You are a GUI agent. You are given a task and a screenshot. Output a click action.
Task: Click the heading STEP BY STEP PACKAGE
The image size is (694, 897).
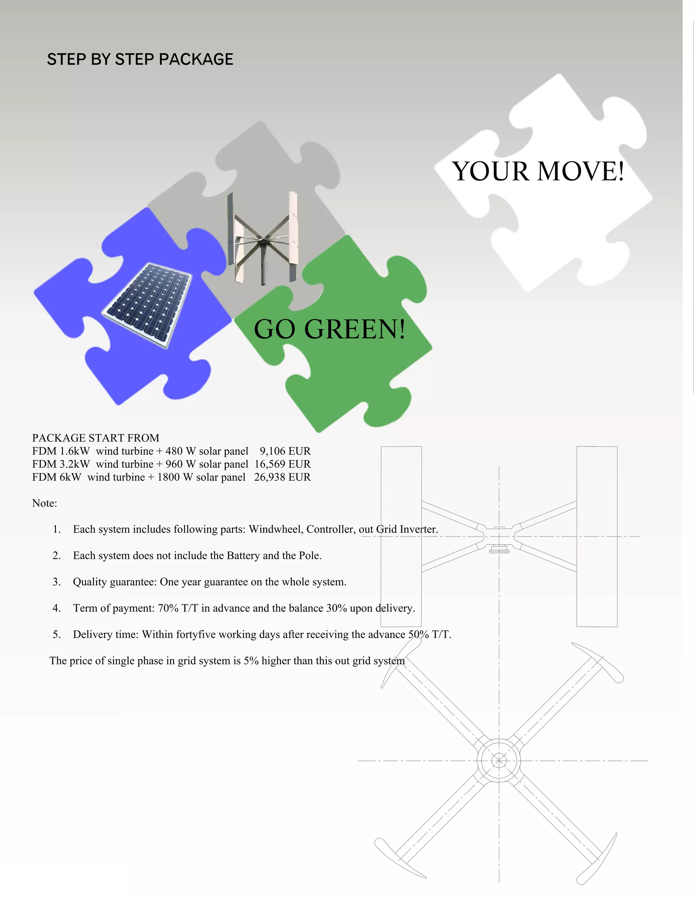[x=140, y=59]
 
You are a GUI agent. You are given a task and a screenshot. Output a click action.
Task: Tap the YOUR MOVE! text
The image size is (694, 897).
[x=538, y=171]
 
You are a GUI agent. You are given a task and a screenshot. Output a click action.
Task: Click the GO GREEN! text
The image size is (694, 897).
[x=329, y=329]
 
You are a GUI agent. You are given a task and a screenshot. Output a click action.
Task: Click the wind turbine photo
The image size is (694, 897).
[x=262, y=238]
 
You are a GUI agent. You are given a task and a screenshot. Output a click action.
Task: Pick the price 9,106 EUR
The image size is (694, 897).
[x=285, y=451]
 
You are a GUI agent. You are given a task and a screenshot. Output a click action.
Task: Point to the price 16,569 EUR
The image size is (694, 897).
[x=283, y=464]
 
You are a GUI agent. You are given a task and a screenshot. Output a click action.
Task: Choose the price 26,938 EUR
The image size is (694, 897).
[x=283, y=477]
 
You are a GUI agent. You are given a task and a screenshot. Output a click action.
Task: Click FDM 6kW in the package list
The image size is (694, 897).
[x=57, y=477]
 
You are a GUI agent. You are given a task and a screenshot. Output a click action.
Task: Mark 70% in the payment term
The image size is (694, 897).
[x=168, y=608]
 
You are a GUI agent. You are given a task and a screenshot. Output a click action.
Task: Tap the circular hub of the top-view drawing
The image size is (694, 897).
[x=499, y=761]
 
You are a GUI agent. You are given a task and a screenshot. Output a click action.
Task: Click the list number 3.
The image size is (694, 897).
[x=56, y=582]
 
